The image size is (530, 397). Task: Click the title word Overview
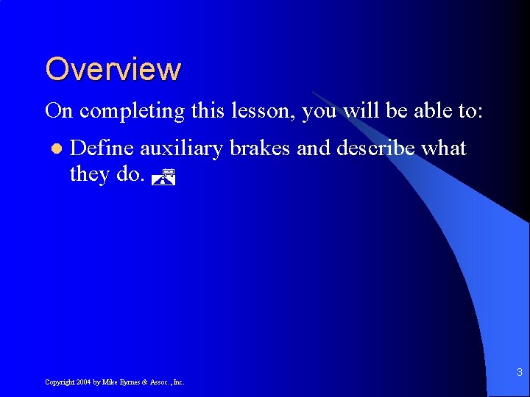(x=113, y=69)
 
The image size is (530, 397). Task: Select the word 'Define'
(x=102, y=149)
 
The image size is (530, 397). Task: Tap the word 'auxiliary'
(x=181, y=149)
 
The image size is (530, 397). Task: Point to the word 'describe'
(x=375, y=149)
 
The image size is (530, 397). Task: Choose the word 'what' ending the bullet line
(x=445, y=149)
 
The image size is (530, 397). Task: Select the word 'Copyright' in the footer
(x=59, y=382)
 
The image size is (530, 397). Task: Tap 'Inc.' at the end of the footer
(x=178, y=382)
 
